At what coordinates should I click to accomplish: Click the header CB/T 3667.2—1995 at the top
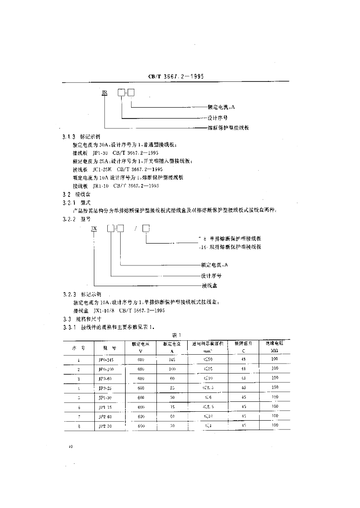tap(176, 77)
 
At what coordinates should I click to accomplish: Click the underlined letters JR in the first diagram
tap(104, 92)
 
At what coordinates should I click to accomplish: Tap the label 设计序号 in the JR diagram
tap(218, 118)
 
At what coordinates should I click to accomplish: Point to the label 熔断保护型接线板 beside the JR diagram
tap(228, 128)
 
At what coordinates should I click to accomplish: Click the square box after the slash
tap(146, 228)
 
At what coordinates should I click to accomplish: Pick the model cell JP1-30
tap(106, 397)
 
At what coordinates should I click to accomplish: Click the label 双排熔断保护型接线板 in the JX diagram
tap(234, 246)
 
